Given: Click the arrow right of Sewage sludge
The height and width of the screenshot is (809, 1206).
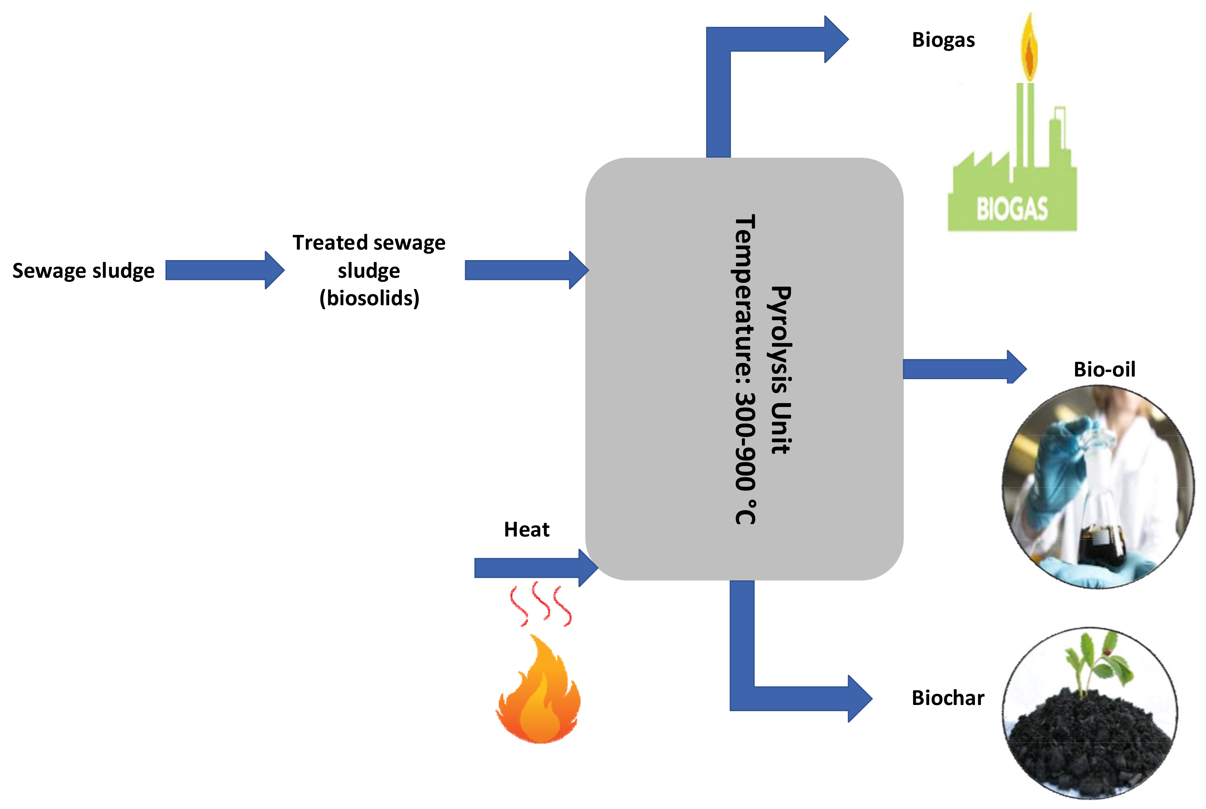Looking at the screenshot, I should [x=225, y=270].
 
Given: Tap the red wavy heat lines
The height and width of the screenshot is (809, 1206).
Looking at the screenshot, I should [x=540, y=604].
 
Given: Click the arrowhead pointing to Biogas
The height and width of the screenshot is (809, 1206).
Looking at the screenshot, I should [x=836, y=39].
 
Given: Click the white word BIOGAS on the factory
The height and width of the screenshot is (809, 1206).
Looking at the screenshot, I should [x=1012, y=209].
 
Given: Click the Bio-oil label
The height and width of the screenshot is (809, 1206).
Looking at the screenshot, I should [x=1104, y=369].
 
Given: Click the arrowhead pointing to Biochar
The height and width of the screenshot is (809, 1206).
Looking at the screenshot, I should [x=859, y=698].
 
